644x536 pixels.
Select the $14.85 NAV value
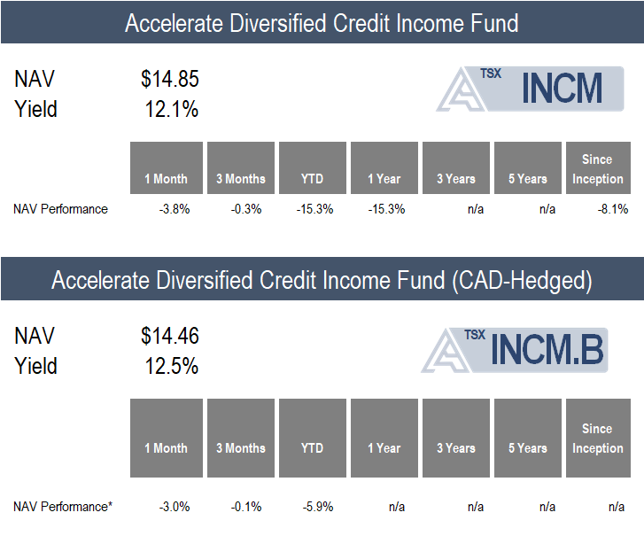click(169, 80)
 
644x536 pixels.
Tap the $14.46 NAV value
click(169, 337)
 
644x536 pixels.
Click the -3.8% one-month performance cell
click(173, 209)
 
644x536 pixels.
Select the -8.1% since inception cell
click(613, 209)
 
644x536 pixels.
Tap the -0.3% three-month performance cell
click(245, 209)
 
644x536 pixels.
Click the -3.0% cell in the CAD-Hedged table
click(173, 507)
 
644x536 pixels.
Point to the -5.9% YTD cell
click(317, 507)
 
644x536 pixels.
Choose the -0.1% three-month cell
click(245, 507)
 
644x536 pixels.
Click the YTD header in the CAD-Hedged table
click(312, 448)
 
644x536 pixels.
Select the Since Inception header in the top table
click(597, 169)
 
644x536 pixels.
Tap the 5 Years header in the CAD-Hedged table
click(528, 448)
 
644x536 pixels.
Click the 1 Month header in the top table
click(167, 179)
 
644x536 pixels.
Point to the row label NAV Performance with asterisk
click(63, 507)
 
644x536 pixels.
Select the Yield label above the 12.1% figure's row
click(35, 110)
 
